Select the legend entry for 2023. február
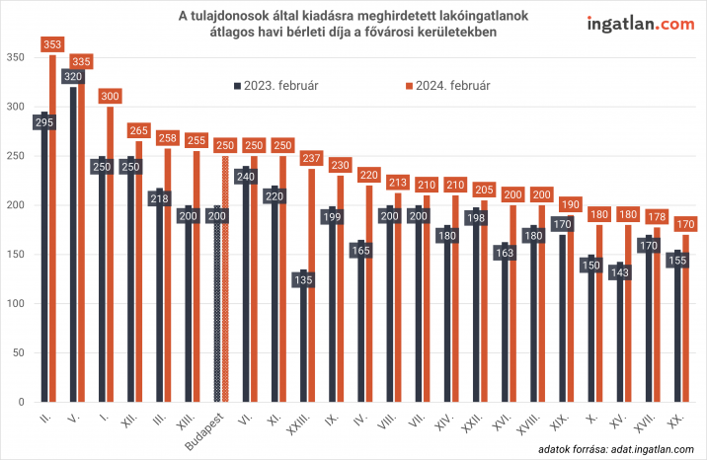[275, 85]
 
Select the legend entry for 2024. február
[448, 85]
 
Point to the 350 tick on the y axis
[14, 58]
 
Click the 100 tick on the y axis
[14, 304]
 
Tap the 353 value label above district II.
[53, 44]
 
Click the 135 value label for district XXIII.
[304, 280]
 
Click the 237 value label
[313, 158]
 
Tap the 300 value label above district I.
[111, 97]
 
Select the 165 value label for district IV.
[360, 251]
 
